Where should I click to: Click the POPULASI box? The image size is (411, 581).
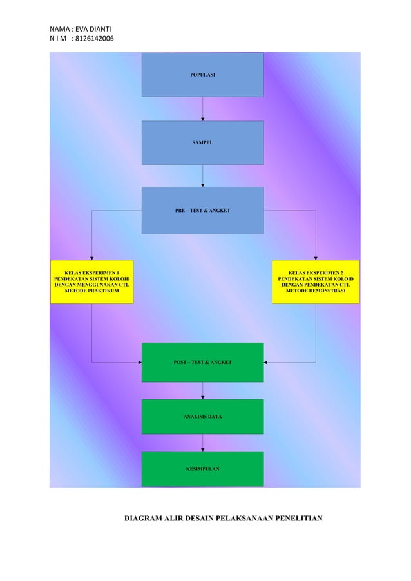pyautogui.click(x=202, y=75)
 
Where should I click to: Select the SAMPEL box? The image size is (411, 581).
pyautogui.click(x=202, y=142)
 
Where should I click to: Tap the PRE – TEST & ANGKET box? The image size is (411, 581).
pyautogui.click(x=202, y=211)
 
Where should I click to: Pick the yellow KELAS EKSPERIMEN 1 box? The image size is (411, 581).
pyautogui.click(x=91, y=281)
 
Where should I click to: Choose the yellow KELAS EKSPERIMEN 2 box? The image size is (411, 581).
pyautogui.click(x=316, y=281)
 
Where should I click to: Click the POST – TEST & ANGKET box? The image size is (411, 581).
pyautogui.click(x=202, y=363)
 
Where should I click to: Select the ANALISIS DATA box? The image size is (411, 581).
pyautogui.click(x=202, y=417)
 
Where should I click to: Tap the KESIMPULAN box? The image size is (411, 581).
pyautogui.click(x=202, y=469)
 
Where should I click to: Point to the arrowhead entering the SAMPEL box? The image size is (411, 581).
pyautogui.click(x=203, y=119)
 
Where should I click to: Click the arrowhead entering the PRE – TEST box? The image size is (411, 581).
pyautogui.click(x=203, y=185)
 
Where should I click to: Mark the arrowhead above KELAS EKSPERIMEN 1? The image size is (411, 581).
pyautogui.click(x=91, y=258)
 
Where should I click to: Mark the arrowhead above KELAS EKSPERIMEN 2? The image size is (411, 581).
pyautogui.click(x=316, y=258)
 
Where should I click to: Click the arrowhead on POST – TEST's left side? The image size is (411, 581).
pyautogui.click(x=139, y=363)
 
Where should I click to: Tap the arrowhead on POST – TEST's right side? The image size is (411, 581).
pyautogui.click(x=266, y=363)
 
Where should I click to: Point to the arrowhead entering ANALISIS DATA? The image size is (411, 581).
pyautogui.click(x=203, y=397)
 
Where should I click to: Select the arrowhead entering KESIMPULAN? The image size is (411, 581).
pyautogui.click(x=203, y=449)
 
